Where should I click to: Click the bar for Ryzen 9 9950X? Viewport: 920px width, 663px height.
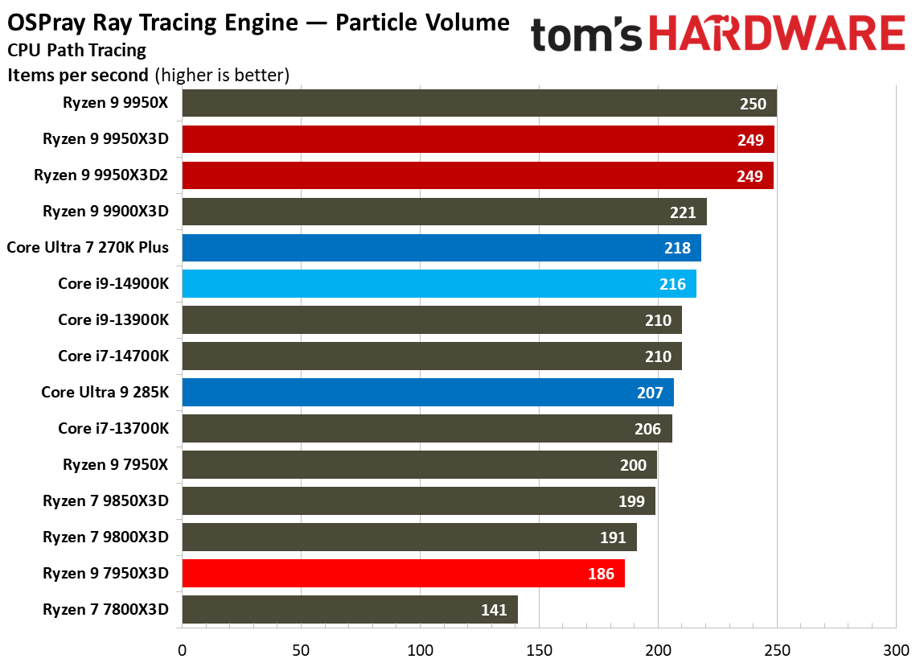click(x=478, y=103)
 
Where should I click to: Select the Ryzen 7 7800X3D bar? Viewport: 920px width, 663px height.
click(x=350, y=610)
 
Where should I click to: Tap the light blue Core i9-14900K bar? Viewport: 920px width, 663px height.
click(x=438, y=284)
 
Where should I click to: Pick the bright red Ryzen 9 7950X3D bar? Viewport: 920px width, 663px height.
click(x=403, y=574)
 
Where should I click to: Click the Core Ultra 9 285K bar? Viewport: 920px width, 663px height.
click(x=427, y=393)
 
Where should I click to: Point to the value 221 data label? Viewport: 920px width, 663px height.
click(x=683, y=212)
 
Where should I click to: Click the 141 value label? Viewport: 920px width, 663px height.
click(x=494, y=610)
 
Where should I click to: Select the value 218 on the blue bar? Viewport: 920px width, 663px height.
click(x=677, y=248)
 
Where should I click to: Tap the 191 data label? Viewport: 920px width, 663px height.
click(x=613, y=537)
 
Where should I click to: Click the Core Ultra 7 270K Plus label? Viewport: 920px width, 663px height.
click(x=88, y=247)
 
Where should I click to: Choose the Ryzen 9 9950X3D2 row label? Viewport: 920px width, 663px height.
click(x=101, y=175)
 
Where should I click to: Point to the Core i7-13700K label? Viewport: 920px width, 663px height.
click(x=113, y=428)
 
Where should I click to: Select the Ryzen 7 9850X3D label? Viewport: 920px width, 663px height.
click(x=106, y=500)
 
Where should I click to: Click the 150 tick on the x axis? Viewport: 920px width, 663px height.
click(x=540, y=648)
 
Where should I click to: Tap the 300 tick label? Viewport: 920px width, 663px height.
click(x=895, y=648)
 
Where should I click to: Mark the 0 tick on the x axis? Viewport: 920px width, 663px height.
click(x=183, y=648)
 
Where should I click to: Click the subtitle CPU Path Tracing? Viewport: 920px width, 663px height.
click(x=77, y=51)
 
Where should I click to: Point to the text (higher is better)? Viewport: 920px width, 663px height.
click(x=221, y=76)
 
